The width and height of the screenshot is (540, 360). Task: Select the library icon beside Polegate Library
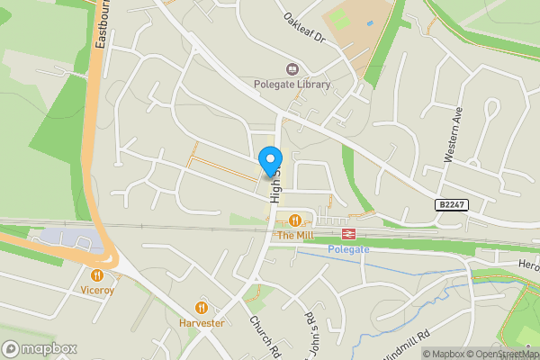coord(292,69)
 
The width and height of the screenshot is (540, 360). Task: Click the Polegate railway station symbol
coord(349,233)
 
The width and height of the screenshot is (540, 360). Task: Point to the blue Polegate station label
coord(348,248)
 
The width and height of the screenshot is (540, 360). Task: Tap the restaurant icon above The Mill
coord(294,220)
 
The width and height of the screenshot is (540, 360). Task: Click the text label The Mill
coord(294,236)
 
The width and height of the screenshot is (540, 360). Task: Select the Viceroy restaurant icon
coord(97,275)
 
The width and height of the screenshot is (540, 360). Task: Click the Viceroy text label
coord(97,292)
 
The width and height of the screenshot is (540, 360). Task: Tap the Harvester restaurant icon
coord(201,307)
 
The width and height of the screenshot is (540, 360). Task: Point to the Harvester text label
coord(201,323)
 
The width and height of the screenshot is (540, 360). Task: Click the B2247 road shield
coord(452,206)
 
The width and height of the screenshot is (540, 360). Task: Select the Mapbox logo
coord(40,348)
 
